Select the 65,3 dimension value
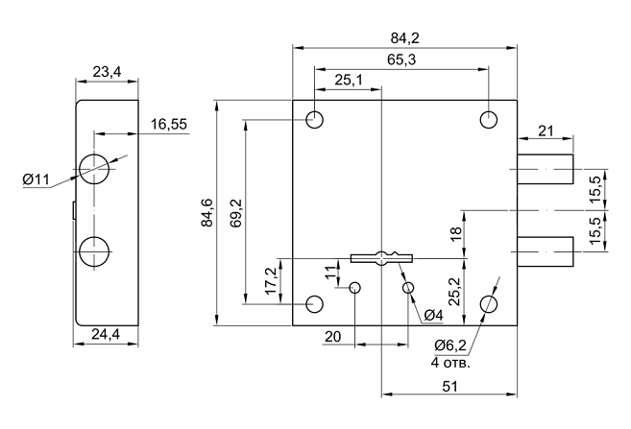tap(400, 60)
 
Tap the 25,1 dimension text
tap(349, 81)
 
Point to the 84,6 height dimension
tap(206, 212)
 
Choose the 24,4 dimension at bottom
tap(107, 335)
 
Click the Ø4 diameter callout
tap(432, 316)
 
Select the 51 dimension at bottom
tap(449, 385)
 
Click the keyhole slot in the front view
tap(383, 256)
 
